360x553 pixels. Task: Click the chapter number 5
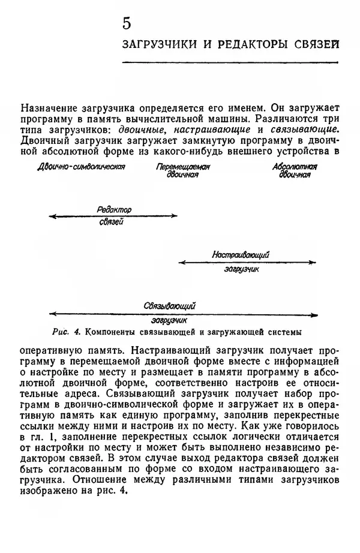(x=126, y=23)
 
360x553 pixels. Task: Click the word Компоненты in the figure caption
(x=112, y=330)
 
